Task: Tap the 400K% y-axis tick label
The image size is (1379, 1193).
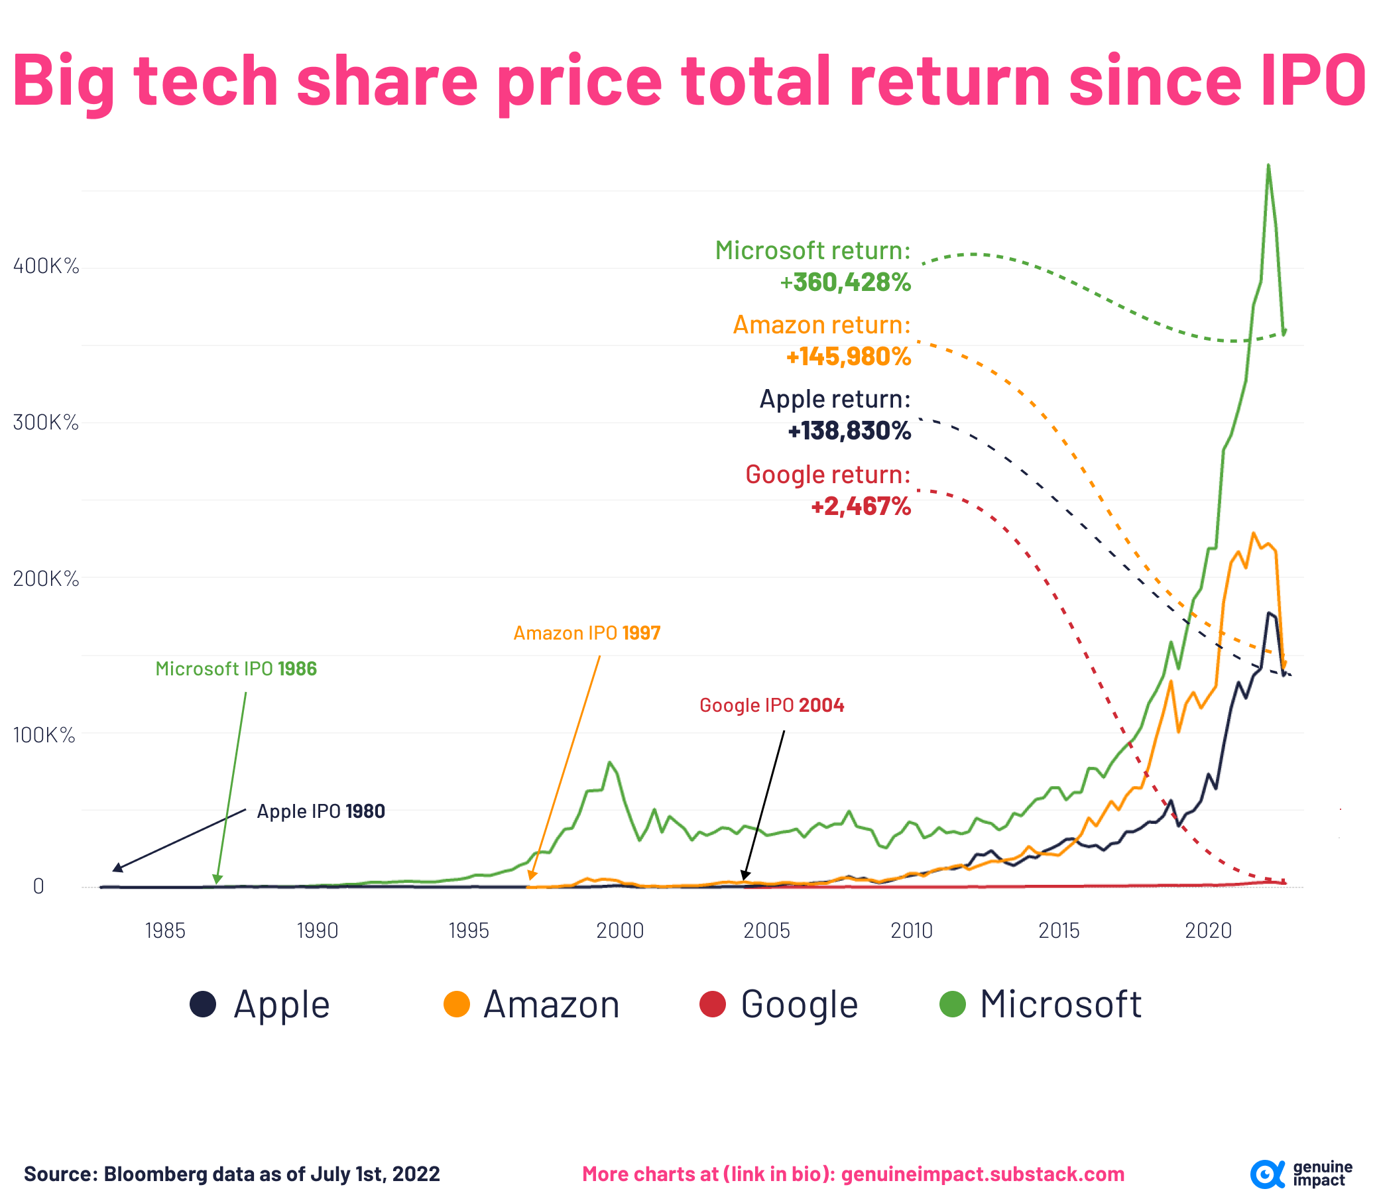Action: click(x=46, y=266)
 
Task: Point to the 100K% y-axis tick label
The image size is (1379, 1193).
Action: click(x=44, y=735)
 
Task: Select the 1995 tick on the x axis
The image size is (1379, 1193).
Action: click(x=469, y=930)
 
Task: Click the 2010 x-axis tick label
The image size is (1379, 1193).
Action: click(x=912, y=930)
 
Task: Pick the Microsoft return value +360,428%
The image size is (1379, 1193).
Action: click(x=845, y=282)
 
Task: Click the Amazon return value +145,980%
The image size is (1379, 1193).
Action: click(x=848, y=357)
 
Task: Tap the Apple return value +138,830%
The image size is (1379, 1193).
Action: click(x=849, y=431)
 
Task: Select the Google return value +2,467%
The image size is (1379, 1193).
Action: click(x=861, y=506)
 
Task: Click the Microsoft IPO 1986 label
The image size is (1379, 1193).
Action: click(x=236, y=668)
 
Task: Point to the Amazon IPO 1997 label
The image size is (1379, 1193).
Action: click(x=587, y=632)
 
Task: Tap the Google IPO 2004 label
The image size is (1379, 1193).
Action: click(x=772, y=705)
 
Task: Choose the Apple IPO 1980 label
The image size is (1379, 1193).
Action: click(x=320, y=811)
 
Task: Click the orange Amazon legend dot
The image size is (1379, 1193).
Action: click(x=457, y=1004)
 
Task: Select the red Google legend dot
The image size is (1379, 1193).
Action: click(x=712, y=1004)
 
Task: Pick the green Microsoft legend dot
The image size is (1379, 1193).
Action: click(x=952, y=1004)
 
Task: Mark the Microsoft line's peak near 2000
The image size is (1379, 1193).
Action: click(x=610, y=762)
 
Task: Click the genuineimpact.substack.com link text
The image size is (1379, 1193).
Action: click(x=982, y=1174)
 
